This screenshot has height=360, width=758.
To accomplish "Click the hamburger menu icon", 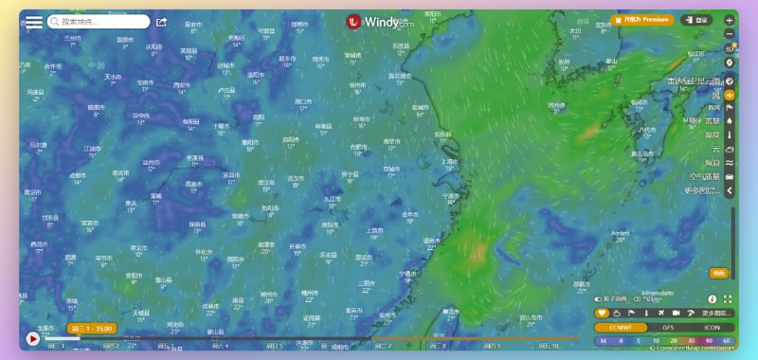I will click(33, 21).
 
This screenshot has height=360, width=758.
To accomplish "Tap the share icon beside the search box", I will click(161, 22).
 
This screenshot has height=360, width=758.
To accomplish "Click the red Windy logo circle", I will click(354, 21).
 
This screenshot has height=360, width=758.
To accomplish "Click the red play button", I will click(33, 338).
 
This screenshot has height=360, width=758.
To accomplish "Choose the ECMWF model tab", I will click(620, 327).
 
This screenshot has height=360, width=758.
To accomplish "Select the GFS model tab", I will click(668, 327).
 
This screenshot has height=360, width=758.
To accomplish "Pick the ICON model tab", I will click(712, 327).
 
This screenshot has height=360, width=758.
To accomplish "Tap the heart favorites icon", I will click(602, 313).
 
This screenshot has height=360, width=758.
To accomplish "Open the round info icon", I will click(713, 299).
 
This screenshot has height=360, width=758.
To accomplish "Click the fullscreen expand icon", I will click(728, 299).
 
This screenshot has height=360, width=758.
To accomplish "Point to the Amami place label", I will click(621, 233).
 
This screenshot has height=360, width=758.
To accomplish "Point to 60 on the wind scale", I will click(727, 339).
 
